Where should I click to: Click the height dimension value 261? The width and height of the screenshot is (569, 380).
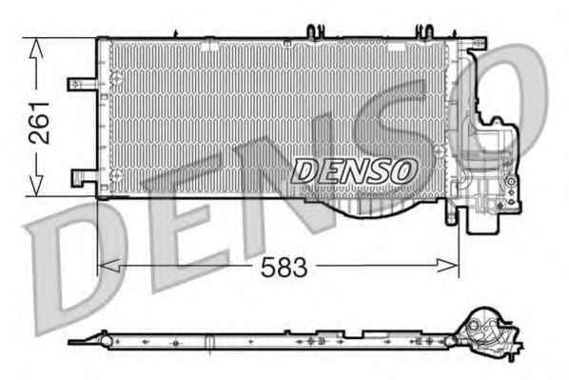(x=39, y=123)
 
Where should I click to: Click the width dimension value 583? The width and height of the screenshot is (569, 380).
(x=284, y=268)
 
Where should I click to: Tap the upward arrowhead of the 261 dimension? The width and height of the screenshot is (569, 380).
(x=36, y=49)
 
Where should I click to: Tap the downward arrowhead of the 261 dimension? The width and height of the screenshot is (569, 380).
(x=36, y=186)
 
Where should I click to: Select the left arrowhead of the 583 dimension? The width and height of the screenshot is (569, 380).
(x=109, y=266)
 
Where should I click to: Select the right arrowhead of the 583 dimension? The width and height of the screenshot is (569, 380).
(x=447, y=266)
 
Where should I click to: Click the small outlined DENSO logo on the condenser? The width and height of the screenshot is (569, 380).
(x=354, y=170)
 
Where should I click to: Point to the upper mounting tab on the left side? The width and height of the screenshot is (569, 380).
(x=82, y=84)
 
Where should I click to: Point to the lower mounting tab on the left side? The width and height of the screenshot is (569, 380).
(x=84, y=178)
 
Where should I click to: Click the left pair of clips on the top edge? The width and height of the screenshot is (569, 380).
(x=316, y=31)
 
